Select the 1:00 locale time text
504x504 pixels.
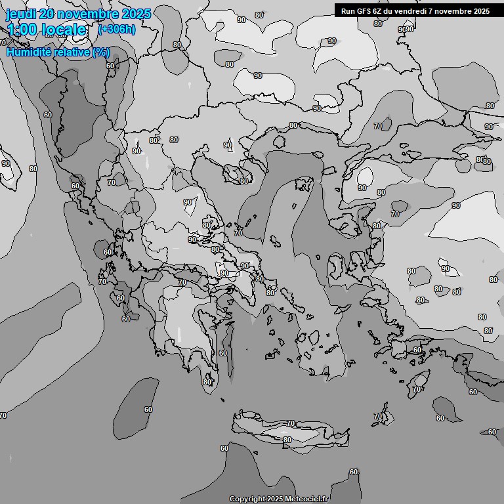(47, 30)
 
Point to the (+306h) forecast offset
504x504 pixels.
(117, 30)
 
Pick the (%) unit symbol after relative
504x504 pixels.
(100, 52)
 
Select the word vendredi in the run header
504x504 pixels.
(411, 11)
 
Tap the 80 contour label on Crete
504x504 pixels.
(287, 440)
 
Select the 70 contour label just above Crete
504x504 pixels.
(291, 424)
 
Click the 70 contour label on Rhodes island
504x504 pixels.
(417, 390)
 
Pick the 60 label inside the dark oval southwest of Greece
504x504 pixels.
(148, 409)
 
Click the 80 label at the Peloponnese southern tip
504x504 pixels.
(207, 382)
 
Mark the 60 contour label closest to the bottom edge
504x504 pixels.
(354, 472)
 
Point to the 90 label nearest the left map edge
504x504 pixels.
(6, 163)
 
